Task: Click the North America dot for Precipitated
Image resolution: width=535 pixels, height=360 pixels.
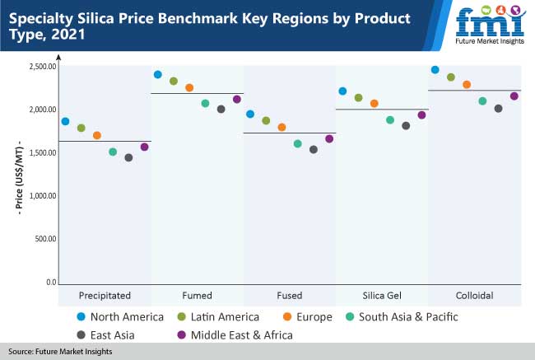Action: coord(65,121)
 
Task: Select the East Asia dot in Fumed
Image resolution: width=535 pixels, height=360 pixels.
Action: coord(221,109)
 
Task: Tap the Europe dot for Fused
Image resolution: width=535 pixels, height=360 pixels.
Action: coord(281,127)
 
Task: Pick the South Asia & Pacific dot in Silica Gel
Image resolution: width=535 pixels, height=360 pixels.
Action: coord(390,119)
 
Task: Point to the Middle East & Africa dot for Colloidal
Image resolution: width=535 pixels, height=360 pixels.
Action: coord(514,96)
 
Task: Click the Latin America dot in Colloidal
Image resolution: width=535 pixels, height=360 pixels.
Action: coord(451,77)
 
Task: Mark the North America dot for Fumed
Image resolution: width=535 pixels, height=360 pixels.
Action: coord(158,74)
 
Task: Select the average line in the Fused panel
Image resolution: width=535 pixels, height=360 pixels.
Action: coord(291,133)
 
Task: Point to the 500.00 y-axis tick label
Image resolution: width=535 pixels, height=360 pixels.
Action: coord(43,239)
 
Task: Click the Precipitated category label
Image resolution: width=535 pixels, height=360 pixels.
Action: coord(105,295)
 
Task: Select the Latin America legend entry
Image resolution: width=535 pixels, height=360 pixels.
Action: coord(219,317)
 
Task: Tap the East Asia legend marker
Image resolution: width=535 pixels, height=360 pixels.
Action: coord(81,334)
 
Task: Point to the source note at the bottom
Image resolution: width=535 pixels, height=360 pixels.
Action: coord(61,352)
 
